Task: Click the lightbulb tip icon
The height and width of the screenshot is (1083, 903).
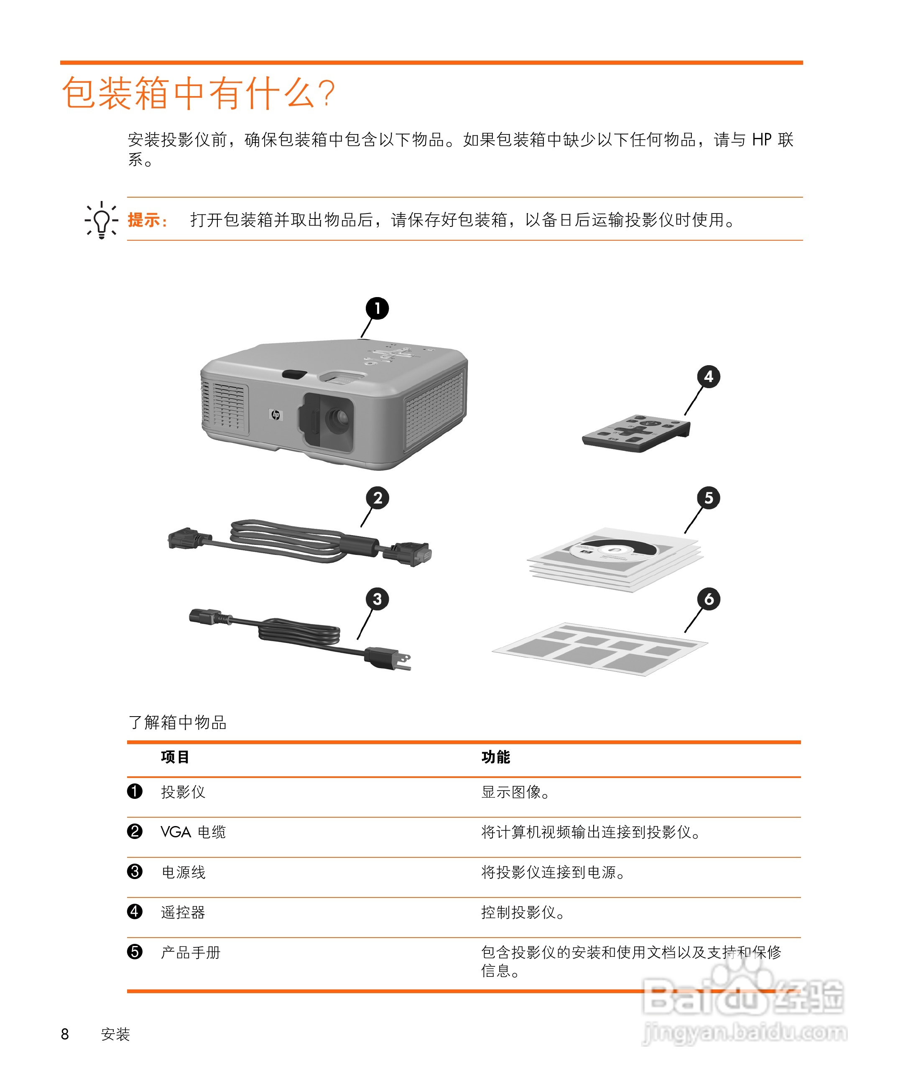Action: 101,220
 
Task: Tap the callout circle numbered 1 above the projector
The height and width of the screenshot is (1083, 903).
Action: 377,308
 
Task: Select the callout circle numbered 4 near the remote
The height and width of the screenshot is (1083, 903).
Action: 709,376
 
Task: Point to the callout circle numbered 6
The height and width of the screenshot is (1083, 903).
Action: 709,599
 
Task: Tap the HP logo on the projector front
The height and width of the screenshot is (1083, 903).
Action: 275,414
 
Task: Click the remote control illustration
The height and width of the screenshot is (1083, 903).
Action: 636,433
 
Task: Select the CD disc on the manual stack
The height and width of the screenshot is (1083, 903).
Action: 614,550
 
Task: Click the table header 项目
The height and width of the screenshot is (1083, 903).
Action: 175,757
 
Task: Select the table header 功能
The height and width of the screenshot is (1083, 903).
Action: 495,757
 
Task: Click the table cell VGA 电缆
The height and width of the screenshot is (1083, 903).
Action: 193,832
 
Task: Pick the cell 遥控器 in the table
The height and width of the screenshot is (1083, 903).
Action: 183,912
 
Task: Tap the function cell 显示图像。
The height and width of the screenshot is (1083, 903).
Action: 515,792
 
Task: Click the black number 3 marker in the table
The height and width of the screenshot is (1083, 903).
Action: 135,872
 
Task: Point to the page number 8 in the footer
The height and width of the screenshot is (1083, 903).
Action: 65,1034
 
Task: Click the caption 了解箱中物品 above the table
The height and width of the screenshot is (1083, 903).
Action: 178,722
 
